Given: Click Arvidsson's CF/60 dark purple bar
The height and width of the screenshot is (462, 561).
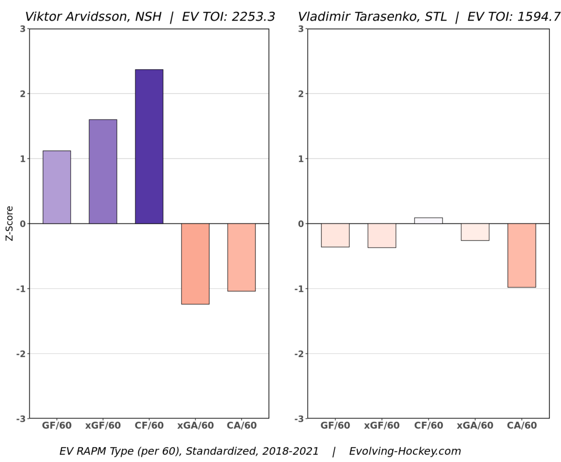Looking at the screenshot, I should tap(149, 146).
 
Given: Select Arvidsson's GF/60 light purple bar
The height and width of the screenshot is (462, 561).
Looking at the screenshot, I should tap(57, 187).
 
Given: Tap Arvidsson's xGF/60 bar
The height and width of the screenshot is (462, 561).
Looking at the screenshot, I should tap(103, 172).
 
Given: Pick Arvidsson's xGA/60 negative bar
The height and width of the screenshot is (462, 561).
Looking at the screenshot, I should tap(195, 264).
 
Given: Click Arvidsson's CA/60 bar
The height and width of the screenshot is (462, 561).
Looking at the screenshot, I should tap(241, 257).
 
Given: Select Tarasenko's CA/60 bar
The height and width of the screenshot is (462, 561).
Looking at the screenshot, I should tap(521, 255).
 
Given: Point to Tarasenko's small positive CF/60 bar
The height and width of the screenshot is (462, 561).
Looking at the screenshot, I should tap(428, 221).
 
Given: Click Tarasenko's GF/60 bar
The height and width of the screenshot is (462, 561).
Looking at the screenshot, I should tap(335, 235).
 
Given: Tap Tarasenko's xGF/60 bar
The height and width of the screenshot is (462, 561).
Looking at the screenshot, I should tap(381, 235).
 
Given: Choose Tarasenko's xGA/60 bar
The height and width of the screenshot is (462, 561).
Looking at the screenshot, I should tap(475, 232).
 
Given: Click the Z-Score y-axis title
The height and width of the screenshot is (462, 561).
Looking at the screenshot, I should tap(9, 224).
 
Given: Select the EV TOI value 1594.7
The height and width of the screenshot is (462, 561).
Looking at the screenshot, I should tap(538, 17).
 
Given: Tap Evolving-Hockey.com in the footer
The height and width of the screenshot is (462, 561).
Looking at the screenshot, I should tap(405, 451).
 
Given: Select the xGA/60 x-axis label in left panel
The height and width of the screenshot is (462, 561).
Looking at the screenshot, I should tap(195, 426).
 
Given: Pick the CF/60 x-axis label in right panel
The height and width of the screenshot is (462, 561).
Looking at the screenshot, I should tap(428, 426).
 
